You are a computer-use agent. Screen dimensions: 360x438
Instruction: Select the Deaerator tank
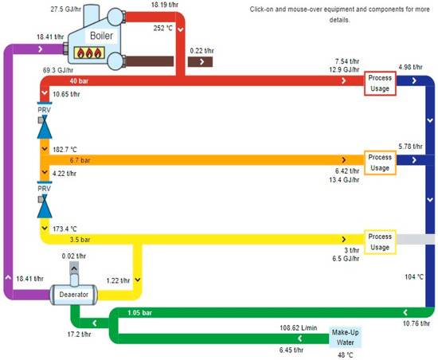[x=73, y=295]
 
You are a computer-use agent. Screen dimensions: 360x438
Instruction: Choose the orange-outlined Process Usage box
[x=380, y=162]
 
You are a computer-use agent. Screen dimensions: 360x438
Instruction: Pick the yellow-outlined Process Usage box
[x=380, y=242]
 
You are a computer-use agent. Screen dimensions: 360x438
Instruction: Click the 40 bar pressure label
[x=57, y=80]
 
